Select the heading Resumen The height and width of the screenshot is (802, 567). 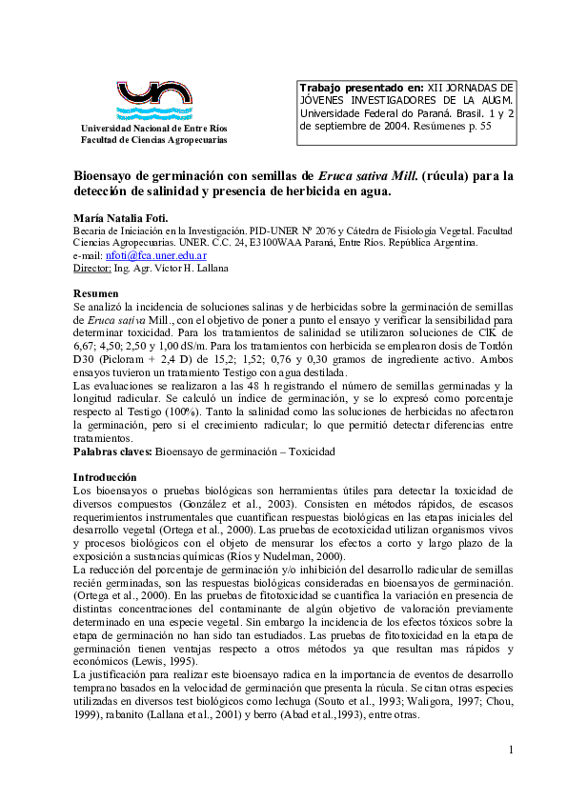pos(96,293)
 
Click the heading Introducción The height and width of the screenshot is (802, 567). pos(105,476)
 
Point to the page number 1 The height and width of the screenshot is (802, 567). pos(511,751)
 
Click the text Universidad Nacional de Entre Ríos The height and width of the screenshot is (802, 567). pos(154,129)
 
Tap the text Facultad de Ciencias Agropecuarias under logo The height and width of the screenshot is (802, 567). pos(154,140)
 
